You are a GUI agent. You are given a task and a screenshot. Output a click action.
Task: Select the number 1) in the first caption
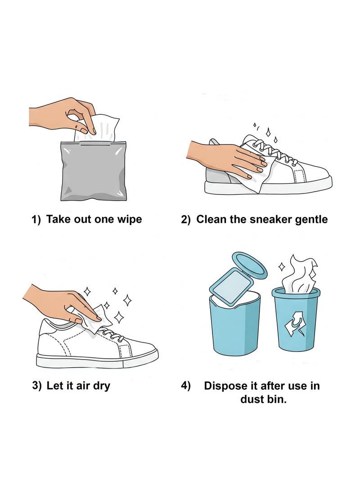36,220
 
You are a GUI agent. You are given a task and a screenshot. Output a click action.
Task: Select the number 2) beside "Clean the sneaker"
186,220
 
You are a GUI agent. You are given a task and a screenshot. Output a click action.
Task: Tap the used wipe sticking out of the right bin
297,275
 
